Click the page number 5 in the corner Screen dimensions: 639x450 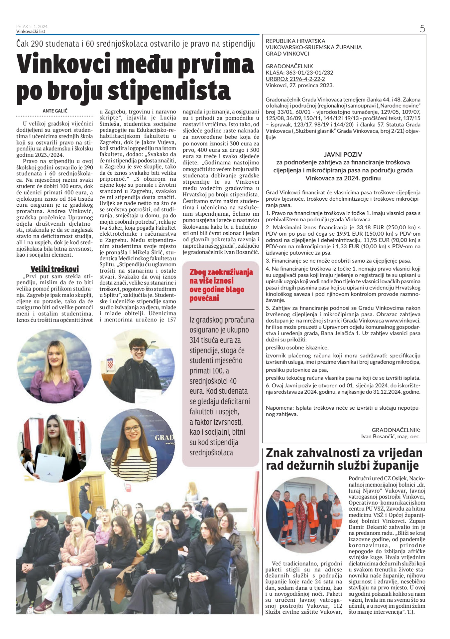(422, 29)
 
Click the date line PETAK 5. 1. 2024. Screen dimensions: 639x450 (32, 27)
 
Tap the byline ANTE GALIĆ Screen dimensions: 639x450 (55, 111)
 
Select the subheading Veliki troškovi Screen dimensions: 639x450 (55, 269)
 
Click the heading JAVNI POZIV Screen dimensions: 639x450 (343, 154)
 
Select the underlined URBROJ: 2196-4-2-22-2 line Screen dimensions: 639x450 (295, 79)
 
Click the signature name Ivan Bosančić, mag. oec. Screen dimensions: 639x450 (391, 436)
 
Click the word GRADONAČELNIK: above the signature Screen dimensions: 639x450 (396, 430)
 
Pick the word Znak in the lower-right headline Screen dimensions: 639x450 (280, 453)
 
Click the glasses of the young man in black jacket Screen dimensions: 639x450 (138, 350)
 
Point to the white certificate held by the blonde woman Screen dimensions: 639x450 (49, 466)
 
